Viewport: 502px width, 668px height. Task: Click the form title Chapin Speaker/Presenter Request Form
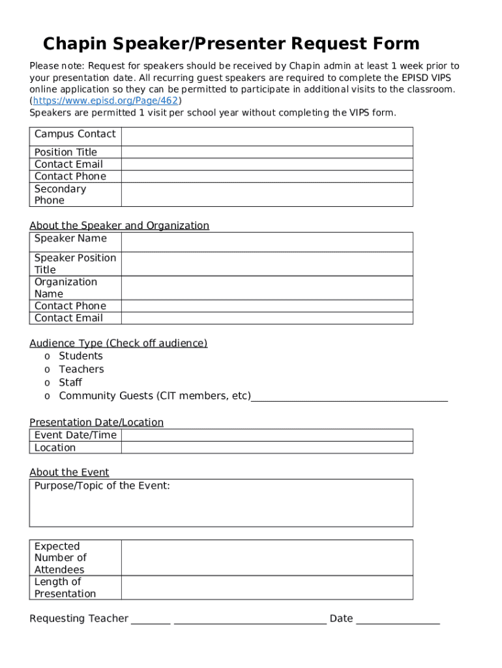231,44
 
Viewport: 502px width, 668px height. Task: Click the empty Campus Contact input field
267,136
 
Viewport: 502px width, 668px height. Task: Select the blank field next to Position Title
267,152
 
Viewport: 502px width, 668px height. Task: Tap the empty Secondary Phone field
267,194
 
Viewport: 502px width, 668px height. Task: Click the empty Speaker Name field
267,242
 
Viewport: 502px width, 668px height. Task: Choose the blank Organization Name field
267,288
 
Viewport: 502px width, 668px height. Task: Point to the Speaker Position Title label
75,264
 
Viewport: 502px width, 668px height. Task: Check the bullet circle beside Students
47,356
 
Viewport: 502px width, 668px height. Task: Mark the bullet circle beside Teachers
47,370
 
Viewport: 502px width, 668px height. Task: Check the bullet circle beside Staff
47,383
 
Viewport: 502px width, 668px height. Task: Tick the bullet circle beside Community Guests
47,397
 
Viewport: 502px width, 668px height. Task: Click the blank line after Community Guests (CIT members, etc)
349,397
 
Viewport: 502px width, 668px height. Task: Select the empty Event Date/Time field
267,435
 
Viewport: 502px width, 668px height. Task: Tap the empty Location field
267,448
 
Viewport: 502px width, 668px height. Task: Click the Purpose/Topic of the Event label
102,486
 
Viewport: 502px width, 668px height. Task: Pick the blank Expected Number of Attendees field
267,558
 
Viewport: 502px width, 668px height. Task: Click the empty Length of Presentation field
267,588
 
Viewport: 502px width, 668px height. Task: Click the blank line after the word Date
398,619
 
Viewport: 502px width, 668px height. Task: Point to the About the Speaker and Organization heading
119,226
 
